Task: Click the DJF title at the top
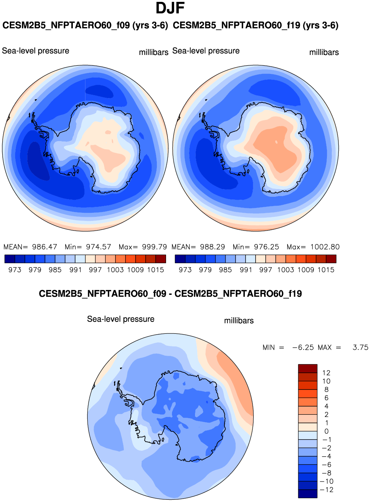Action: (170, 8)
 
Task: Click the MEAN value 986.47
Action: (45, 247)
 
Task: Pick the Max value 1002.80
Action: (325, 247)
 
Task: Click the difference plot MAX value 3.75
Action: (360, 348)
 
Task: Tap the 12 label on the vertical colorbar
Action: (326, 373)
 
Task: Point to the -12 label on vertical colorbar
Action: (327, 490)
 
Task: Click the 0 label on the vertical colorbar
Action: (327, 431)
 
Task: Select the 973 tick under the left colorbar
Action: (15, 270)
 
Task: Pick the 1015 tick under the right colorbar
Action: (326, 270)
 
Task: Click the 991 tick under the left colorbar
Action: (75, 270)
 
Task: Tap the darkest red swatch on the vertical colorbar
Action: (308, 368)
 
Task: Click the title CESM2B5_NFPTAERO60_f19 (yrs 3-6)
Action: (256, 26)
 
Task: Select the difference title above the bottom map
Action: (170, 294)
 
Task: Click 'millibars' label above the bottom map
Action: (239, 321)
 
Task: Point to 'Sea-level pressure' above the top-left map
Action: (36, 51)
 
